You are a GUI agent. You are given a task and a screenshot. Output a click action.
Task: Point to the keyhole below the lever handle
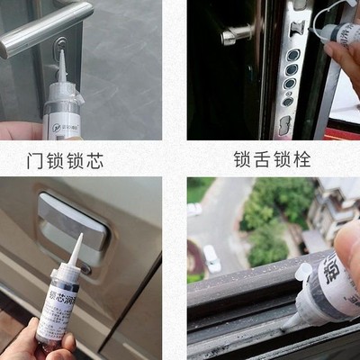[x=58, y=42]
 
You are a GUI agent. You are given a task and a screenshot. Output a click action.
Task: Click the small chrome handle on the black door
[x=236, y=34]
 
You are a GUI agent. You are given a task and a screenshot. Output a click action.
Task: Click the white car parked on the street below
[x=211, y=260]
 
